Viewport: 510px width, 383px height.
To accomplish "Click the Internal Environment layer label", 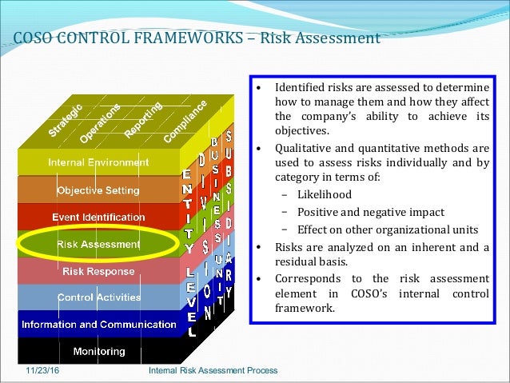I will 98,162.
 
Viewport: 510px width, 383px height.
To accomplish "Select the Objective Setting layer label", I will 98,190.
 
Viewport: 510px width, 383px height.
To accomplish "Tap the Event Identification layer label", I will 98,217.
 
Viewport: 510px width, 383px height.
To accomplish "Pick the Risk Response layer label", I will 98,271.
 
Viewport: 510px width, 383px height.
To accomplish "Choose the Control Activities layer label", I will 98,297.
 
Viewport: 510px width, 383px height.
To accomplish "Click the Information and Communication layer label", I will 98,325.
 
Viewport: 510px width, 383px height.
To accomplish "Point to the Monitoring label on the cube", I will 98,351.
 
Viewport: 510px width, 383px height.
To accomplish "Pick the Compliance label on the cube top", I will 185,121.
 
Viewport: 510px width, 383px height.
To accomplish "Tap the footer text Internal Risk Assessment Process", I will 213,371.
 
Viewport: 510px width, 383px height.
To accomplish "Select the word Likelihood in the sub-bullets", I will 324,194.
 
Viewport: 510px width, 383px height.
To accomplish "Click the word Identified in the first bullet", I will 301,87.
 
